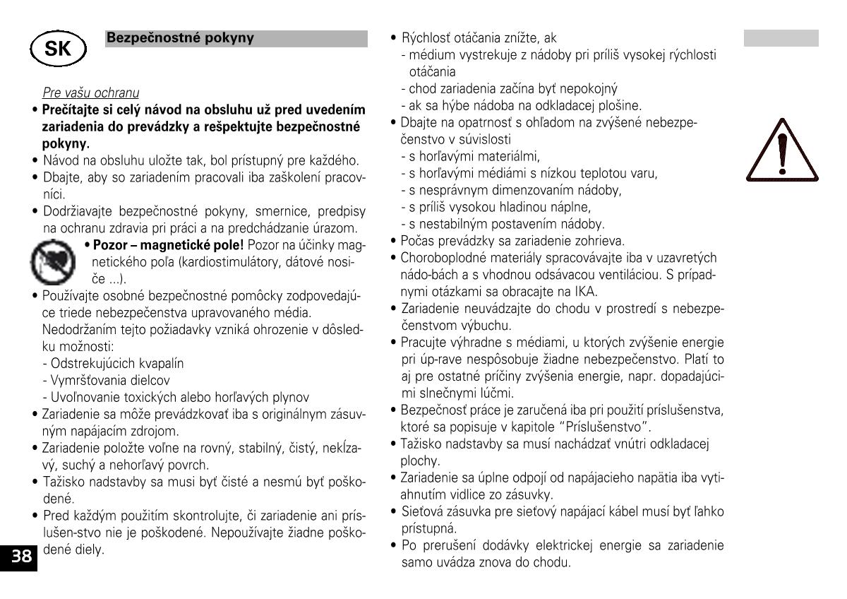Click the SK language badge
57,49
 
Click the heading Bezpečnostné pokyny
180,38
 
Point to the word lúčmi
498,393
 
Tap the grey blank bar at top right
781,38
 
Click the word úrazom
335,228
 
